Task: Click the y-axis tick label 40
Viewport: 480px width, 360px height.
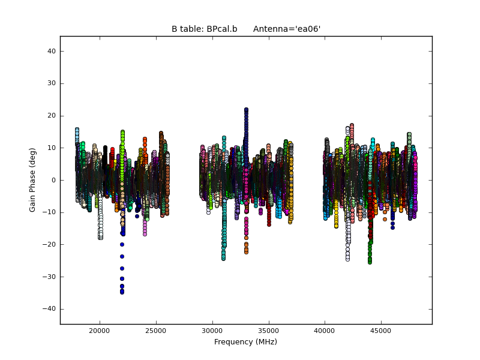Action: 52,52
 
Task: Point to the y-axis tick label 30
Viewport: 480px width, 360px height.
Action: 52,83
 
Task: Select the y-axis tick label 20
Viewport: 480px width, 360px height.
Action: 52,116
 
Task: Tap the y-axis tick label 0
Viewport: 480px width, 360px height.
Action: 53,180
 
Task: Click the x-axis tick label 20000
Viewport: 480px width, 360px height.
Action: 99,331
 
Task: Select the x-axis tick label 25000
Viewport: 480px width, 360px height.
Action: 155,331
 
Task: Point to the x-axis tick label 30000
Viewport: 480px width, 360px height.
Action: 212,331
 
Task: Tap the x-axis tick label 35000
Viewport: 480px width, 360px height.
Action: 268,331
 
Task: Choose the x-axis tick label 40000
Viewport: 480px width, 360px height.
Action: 325,331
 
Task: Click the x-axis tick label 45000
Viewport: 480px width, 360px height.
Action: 381,331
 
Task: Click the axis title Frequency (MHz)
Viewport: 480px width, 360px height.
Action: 245,342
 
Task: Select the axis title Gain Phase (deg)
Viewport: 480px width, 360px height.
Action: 33,180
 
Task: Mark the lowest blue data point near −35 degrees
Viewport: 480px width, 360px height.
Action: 122,292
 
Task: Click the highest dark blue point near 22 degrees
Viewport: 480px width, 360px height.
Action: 246,110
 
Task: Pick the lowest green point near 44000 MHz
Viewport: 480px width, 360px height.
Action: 370,262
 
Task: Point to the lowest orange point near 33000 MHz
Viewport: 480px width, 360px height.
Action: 246,252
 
